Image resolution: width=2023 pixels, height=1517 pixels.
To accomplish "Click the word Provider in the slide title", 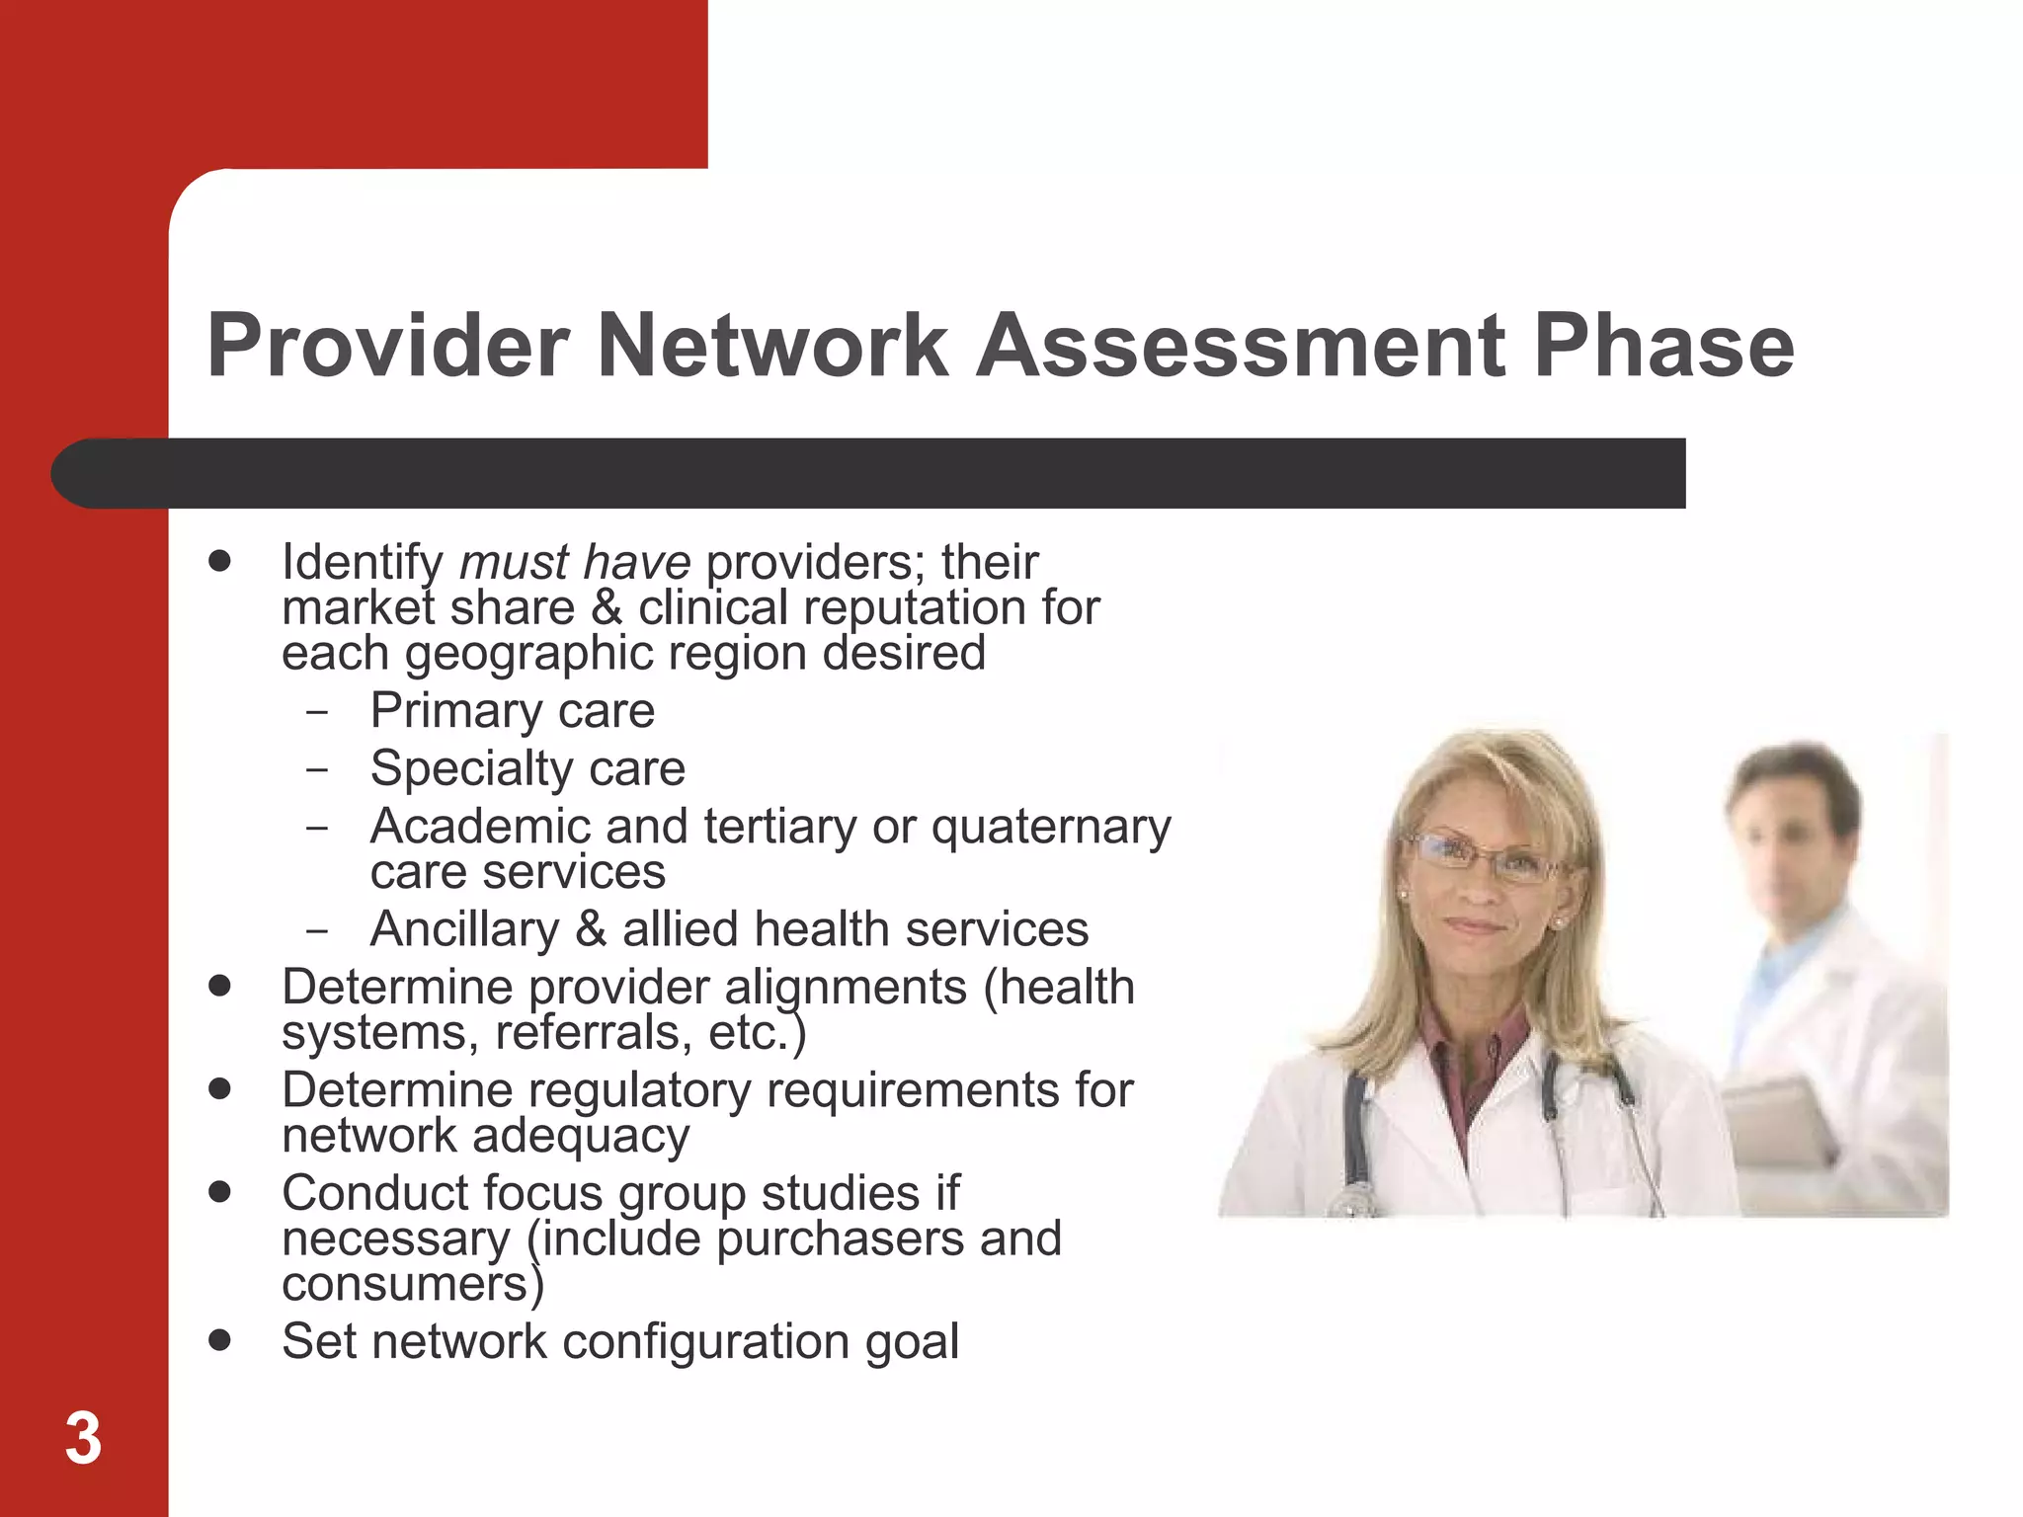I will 387,346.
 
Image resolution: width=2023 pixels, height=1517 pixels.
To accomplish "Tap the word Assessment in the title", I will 1241,346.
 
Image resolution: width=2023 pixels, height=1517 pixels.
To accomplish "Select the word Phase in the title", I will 1663,346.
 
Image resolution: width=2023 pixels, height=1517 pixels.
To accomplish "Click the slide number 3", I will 84,1439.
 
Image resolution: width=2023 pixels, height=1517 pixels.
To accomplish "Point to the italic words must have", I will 575,563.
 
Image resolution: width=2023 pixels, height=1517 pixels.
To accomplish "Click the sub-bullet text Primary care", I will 512,711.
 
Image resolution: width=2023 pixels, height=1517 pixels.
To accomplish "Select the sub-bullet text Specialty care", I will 527,768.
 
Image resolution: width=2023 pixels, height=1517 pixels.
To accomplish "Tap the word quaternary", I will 1051,828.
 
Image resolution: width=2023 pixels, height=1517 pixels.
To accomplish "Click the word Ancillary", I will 464,930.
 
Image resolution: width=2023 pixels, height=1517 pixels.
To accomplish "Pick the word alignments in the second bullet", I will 846,988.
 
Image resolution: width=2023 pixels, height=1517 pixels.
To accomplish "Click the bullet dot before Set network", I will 220,1340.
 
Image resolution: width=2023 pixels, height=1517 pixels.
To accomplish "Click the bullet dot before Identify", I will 220,561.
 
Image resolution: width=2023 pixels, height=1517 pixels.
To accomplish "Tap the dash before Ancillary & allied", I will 316,930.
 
